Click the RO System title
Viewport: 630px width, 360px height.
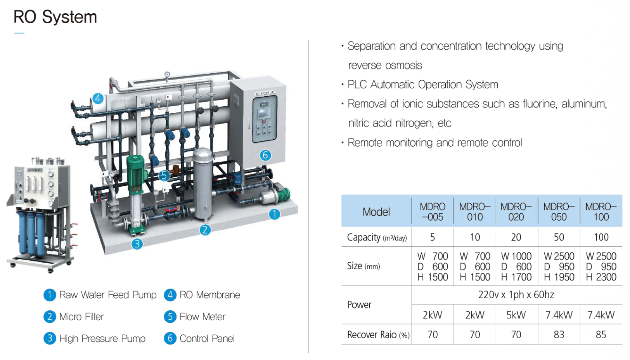point(55,17)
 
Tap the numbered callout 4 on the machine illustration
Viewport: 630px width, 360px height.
point(98,99)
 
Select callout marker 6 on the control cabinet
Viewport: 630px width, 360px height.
point(265,155)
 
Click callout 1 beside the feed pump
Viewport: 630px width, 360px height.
point(275,214)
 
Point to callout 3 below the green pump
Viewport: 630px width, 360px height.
point(137,244)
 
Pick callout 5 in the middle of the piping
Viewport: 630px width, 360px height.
point(164,175)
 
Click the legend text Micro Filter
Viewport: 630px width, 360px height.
point(81,317)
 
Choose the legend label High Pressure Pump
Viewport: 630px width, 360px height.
point(102,338)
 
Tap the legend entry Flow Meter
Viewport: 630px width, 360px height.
point(202,317)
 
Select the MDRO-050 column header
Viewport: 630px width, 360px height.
point(559,212)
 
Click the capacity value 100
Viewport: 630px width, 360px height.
point(601,237)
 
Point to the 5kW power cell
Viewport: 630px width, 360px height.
point(516,315)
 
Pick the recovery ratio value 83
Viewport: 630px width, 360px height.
point(559,334)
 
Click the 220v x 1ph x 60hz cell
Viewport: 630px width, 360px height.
point(516,294)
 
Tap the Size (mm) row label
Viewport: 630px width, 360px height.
point(363,266)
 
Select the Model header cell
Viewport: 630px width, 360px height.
point(376,212)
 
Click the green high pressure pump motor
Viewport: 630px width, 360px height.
point(135,175)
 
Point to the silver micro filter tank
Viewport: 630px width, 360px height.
point(202,184)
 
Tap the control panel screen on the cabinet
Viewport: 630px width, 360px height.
point(265,113)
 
